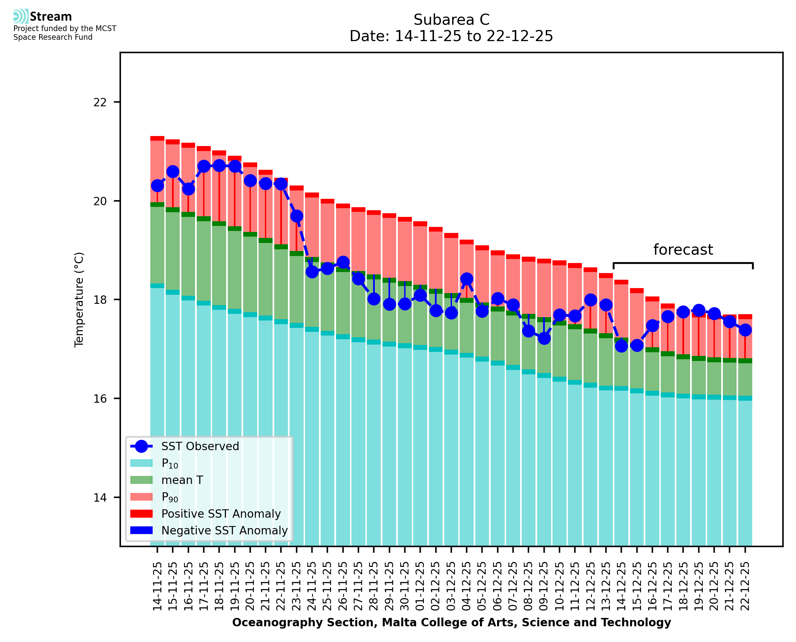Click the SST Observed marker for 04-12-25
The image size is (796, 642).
pyautogui.click(x=466, y=279)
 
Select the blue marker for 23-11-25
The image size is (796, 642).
pyautogui.click(x=296, y=216)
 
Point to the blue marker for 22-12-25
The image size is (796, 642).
pyautogui.click(x=745, y=330)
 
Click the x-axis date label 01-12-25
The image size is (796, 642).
pyautogui.click(x=420, y=586)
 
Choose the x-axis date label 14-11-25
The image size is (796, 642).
pyautogui.click(x=157, y=586)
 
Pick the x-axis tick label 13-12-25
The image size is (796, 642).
pyautogui.click(x=606, y=586)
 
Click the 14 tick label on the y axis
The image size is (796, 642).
pyautogui.click(x=100, y=498)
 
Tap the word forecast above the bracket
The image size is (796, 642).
pyautogui.click(x=683, y=250)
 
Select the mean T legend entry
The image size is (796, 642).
pyautogui.click(x=182, y=480)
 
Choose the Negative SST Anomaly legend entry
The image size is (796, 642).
pyautogui.click(x=224, y=530)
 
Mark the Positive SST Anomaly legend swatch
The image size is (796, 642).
pyautogui.click(x=141, y=514)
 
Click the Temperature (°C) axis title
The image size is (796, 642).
pyautogui.click(x=79, y=299)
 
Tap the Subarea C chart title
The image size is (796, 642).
pyautogui.click(x=451, y=20)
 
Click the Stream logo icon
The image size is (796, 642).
pyautogui.click(x=21, y=16)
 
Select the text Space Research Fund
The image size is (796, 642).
pyautogui.click(x=53, y=37)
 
